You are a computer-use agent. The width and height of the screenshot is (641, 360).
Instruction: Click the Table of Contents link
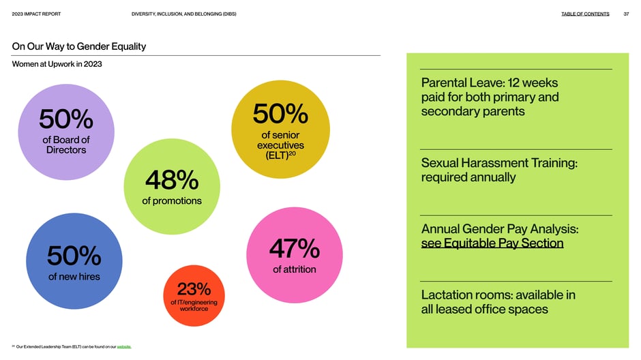point(585,14)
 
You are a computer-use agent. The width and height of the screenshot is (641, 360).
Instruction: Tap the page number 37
point(626,14)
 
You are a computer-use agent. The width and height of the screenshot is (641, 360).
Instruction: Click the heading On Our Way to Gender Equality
point(79,46)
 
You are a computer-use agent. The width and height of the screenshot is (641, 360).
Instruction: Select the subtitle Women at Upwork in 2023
point(57,64)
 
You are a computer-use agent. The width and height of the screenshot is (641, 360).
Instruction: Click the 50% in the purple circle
point(66,119)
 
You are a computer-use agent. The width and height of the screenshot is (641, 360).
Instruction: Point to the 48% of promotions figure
point(172,180)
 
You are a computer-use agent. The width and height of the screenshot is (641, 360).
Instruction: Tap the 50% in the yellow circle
point(280,114)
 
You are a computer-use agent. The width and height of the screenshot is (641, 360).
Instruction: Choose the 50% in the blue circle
point(74,256)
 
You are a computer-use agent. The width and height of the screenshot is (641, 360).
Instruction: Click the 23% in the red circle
point(194,289)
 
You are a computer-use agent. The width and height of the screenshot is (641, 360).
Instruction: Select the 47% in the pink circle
point(295,248)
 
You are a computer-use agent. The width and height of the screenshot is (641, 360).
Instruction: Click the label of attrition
point(295,269)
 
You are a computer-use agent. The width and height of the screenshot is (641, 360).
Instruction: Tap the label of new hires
point(74,277)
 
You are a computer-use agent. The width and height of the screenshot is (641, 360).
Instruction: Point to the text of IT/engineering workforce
point(194,305)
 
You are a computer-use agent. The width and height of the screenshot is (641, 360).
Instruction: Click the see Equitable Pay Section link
point(492,243)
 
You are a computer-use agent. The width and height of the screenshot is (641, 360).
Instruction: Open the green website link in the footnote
point(124,347)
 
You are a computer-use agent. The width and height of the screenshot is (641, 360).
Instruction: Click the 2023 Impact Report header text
point(36,14)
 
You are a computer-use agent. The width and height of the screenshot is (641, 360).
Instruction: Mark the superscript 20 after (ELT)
point(293,153)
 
